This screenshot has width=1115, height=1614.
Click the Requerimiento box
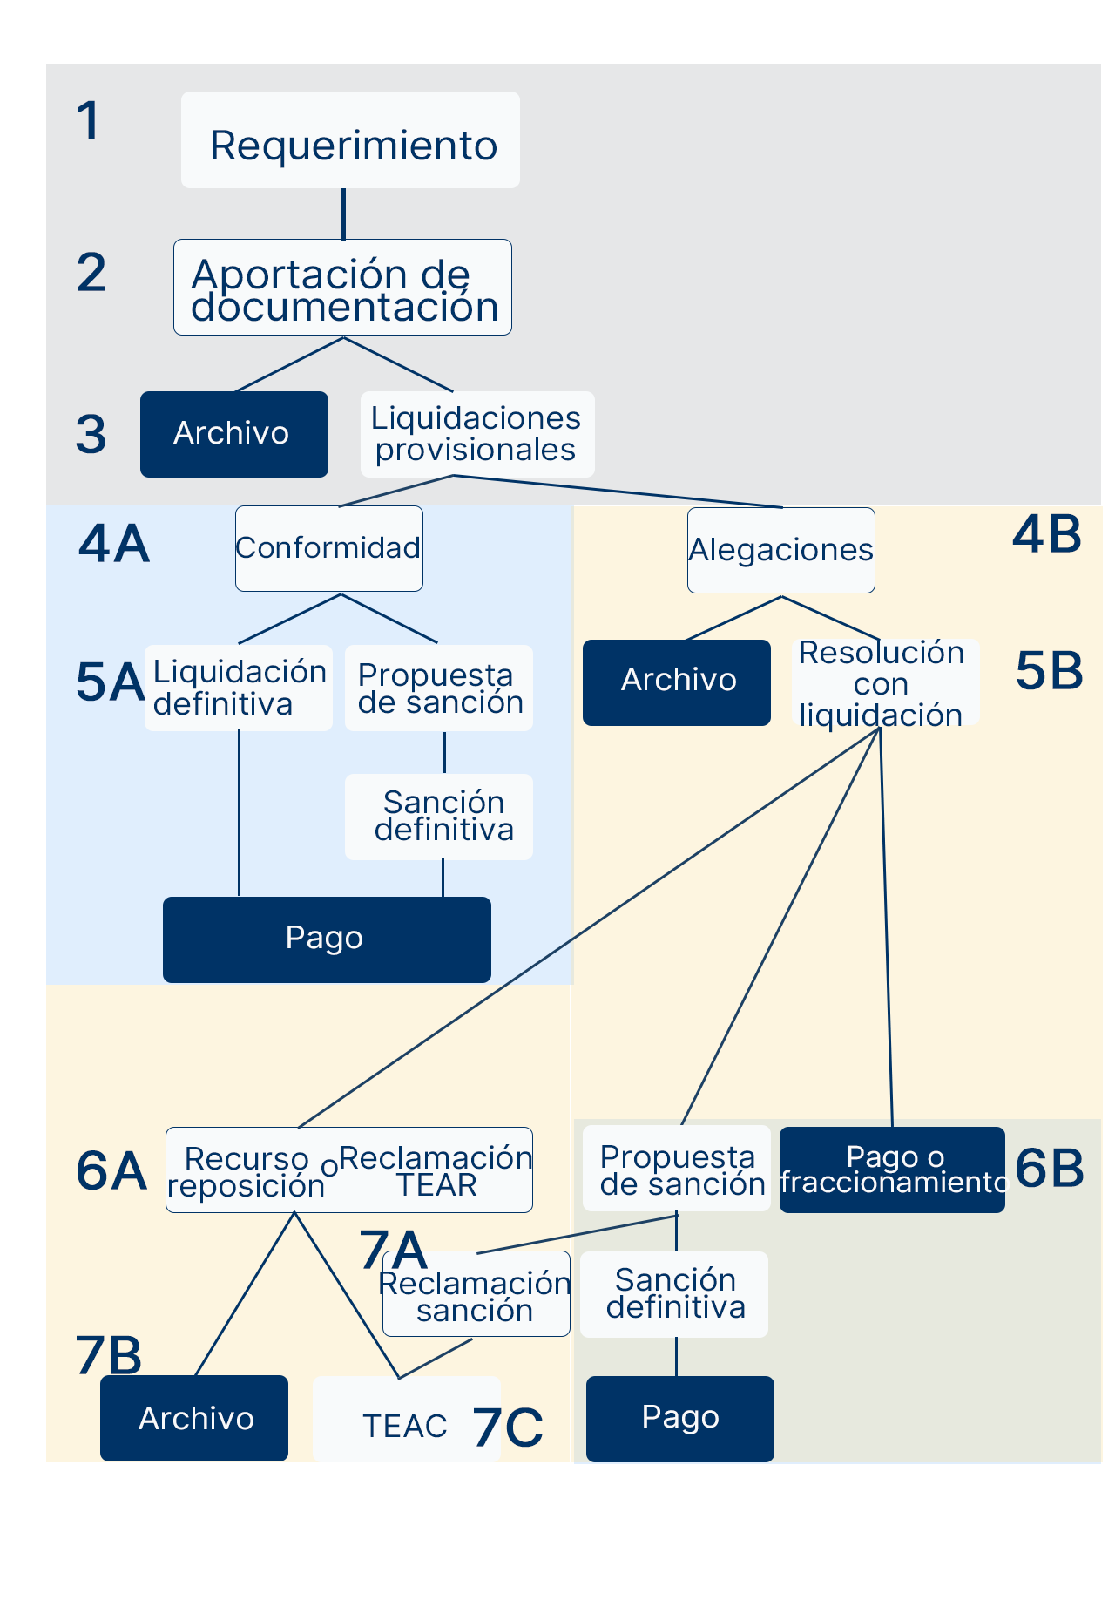click(350, 140)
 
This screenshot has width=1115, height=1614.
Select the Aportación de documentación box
click(342, 288)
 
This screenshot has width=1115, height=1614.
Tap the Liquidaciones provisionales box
click(477, 434)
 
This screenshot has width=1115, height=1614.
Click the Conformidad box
click(329, 548)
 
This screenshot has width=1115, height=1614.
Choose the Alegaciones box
click(780, 550)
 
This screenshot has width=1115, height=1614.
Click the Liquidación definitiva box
click(239, 688)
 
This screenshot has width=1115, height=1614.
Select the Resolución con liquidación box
click(882, 683)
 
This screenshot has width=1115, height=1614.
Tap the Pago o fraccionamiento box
click(892, 1170)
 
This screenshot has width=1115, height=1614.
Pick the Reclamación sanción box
click(476, 1295)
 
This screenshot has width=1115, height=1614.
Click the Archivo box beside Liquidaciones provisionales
click(233, 434)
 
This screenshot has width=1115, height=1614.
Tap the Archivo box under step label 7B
click(194, 1418)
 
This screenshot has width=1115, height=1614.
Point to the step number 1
click(88, 120)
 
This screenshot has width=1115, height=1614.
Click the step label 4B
click(1047, 534)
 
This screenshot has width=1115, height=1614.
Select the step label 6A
click(111, 1170)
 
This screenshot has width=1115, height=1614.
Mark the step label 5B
click(1049, 671)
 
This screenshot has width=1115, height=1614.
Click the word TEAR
click(436, 1185)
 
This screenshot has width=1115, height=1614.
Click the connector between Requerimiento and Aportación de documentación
click(343, 214)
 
